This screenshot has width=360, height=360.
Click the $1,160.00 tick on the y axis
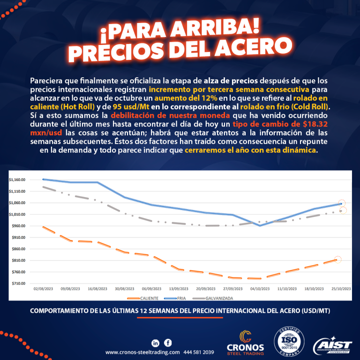click(17, 180)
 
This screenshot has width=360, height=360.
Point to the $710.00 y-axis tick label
click(18, 284)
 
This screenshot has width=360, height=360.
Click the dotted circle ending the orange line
click(337, 259)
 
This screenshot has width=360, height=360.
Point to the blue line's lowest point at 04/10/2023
click(260, 225)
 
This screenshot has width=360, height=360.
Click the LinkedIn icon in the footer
click(156, 343)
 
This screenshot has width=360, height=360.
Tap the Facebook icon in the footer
click(168, 343)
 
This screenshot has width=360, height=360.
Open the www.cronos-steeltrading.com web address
click(142, 352)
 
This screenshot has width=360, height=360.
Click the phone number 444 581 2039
click(199, 352)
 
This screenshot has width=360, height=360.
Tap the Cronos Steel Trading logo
click(245, 342)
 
